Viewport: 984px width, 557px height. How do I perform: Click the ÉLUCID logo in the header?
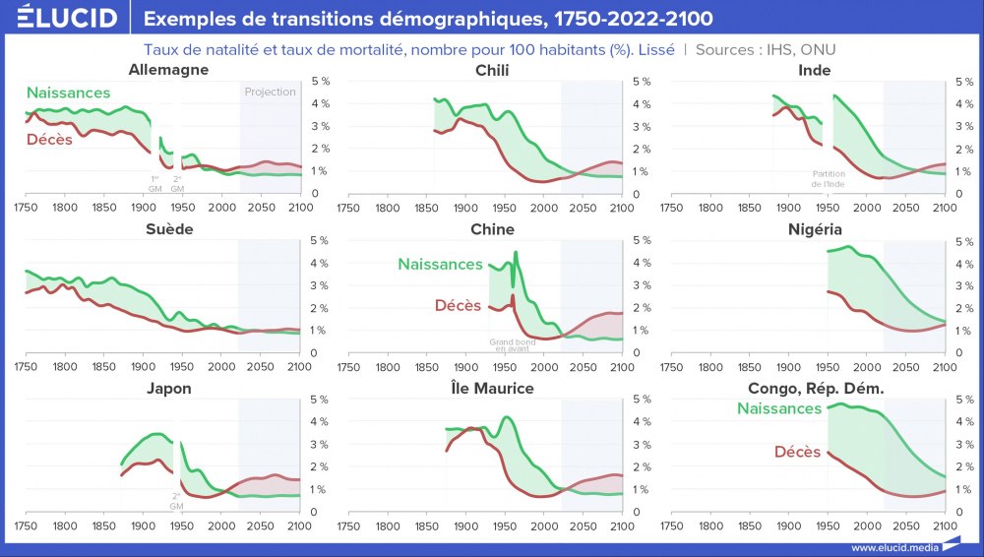pos(68,19)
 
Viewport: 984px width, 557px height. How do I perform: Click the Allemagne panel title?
pos(168,70)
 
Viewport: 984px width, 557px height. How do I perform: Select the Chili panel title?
pos(492,70)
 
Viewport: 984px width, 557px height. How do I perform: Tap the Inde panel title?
pos(816,70)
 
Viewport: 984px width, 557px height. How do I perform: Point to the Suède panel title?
pos(168,229)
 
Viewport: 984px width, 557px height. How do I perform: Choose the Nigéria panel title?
pos(816,229)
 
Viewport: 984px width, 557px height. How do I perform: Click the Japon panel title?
pos(168,388)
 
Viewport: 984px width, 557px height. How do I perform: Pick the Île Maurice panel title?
pos(492,388)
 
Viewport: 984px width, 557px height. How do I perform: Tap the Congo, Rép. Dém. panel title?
pos(816,388)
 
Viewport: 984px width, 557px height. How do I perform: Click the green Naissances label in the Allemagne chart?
pos(68,93)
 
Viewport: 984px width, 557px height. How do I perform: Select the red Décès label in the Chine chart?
pos(458,306)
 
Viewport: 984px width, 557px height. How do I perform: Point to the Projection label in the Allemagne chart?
pos(270,92)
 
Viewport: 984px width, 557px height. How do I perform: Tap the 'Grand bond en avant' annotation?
pos(512,345)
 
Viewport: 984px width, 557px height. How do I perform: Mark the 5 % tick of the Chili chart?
pos(641,81)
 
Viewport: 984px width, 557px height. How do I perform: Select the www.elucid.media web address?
pos(894,547)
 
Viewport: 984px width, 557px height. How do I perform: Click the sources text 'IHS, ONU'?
pos(803,49)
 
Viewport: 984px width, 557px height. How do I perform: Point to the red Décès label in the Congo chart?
pos(797,452)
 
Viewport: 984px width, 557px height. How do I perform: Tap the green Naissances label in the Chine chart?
pos(440,264)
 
